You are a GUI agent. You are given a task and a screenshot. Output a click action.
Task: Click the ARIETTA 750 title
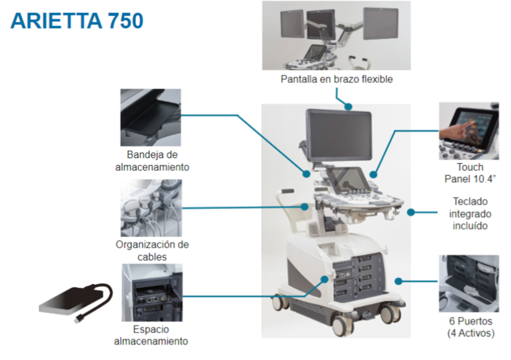tap(77, 20)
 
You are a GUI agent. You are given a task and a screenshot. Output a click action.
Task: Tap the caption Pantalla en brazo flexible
tap(336, 79)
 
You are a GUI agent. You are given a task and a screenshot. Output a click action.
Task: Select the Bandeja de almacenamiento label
tap(152, 161)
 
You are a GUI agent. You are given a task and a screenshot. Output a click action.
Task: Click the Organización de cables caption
tap(152, 250)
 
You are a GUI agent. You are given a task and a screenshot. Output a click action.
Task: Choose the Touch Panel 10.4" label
tap(469, 173)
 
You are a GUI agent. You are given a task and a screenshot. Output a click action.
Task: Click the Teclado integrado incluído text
tap(469, 214)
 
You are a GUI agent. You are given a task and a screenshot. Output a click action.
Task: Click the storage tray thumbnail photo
tap(151, 117)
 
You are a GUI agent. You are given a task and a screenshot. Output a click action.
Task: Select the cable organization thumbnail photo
tap(151, 208)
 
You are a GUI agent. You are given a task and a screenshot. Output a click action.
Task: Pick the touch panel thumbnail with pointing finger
tap(468, 131)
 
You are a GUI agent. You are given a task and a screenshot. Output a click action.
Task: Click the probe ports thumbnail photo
tap(468, 283)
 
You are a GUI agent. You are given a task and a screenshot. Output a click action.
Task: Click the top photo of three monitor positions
tap(336, 35)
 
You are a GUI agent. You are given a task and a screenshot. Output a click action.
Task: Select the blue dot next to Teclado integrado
tap(411, 212)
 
